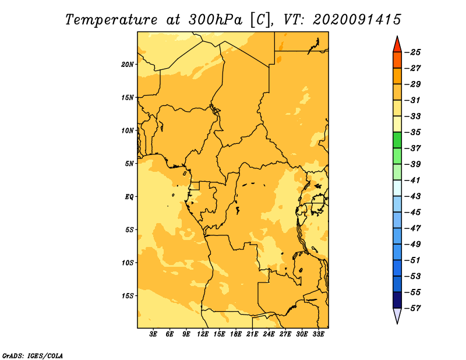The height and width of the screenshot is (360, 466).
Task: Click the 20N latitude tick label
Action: click(127, 65)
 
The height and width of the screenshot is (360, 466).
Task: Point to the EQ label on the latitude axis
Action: click(129, 197)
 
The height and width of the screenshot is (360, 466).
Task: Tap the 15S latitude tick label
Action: click(128, 296)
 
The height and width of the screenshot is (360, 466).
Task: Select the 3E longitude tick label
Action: click(153, 334)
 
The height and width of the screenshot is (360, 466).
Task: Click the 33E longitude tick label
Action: click(318, 334)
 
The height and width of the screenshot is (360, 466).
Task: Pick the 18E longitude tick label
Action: click(236, 334)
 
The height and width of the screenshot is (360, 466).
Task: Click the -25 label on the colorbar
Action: click(412, 52)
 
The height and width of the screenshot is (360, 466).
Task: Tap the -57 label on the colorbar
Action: click(412, 308)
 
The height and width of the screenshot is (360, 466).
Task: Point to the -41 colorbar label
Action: click(412, 181)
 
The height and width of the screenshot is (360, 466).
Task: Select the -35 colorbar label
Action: click(412, 132)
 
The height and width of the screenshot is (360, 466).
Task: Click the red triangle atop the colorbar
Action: click(397, 45)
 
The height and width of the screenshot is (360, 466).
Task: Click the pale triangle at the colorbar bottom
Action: click(397, 316)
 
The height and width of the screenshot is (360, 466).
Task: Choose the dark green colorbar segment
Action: click(397, 140)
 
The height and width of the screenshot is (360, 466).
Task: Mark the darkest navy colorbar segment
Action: click(397, 300)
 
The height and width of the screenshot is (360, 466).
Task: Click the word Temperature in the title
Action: click(111, 20)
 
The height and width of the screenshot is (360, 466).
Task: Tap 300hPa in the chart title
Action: click(216, 20)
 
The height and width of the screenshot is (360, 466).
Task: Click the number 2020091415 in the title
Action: click(356, 20)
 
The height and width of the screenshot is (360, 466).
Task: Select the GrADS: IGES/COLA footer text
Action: click(33, 355)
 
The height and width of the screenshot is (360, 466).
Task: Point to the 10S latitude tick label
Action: click(128, 263)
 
